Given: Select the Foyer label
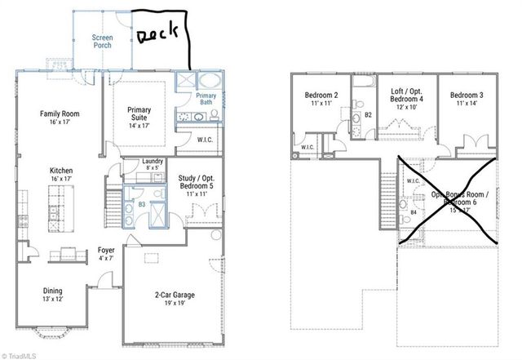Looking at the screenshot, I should pos(107,251).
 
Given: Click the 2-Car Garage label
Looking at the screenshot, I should pos(175,295).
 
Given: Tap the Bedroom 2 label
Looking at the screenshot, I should pos(321,96).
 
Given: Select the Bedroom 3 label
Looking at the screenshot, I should pos(467,96).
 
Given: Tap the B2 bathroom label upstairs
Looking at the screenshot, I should pos(368,114).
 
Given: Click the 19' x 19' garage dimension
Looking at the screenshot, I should pos(175,304).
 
